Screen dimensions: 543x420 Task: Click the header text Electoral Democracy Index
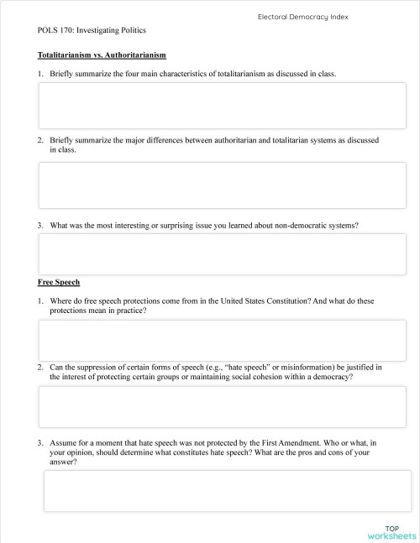pyautogui.click(x=303, y=16)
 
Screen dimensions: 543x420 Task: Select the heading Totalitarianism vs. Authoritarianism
pyautogui.click(x=102, y=55)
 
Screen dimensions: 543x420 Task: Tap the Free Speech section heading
pyautogui.click(x=59, y=282)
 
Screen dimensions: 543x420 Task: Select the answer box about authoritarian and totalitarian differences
pyautogui.click(x=223, y=185)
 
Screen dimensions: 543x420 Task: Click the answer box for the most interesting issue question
pyautogui.click(x=223, y=253)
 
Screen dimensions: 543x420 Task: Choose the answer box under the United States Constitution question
pyautogui.click(x=223, y=340)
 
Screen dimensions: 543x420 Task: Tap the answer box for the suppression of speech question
pyautogui.click(x=223, y=408)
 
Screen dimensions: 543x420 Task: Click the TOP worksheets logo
pyautogui.click(x=391, y=531)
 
